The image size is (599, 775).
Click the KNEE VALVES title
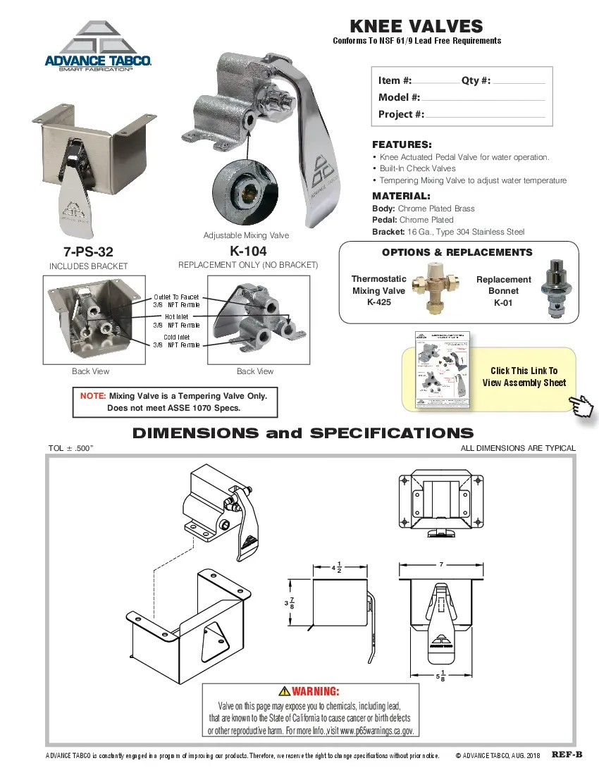click(416, 27)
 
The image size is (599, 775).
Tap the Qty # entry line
click(519, 81)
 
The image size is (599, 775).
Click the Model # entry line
click(483, 98)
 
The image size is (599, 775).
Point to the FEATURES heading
click(402, 144)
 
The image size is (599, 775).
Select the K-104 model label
click(248, 252)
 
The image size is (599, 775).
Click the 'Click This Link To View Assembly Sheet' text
click(524, 377)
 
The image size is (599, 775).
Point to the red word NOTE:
click(93, 396)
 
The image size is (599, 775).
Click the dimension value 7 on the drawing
click(440, 565)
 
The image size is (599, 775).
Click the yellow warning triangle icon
click(284, 691)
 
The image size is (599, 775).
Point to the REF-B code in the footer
click(567, 755)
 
